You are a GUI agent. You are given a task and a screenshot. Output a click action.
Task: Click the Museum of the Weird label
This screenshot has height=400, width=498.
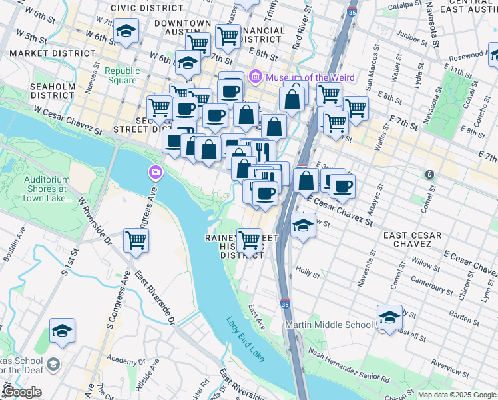point(310,77)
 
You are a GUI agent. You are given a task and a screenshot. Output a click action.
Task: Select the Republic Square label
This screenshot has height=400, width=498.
point(123,76)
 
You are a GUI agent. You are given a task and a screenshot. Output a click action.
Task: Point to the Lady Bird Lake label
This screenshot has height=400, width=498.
point(244,339)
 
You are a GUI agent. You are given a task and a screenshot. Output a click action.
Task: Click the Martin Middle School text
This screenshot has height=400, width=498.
point(329,325)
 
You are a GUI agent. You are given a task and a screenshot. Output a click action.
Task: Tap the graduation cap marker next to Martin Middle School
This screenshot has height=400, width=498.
point(389,317)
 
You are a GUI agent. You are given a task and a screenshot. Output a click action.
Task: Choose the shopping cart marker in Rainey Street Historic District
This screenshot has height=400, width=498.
point(250,239)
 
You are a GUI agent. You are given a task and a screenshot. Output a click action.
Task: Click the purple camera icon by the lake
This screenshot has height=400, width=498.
point(155,173)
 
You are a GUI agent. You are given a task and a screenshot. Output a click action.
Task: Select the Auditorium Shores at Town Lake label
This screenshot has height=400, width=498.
point(47,189)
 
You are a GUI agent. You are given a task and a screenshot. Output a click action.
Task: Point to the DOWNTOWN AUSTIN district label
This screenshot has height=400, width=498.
point(173,28)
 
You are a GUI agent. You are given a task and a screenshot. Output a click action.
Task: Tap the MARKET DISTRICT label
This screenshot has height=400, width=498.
point(52,53)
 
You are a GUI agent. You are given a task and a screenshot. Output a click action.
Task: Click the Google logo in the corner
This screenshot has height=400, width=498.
point(22,392)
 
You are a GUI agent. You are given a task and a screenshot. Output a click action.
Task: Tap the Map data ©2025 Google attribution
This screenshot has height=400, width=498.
point(456,395)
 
